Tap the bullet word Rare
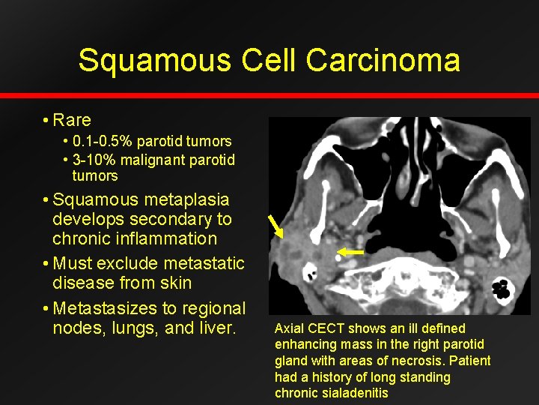72,120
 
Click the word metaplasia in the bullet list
182,200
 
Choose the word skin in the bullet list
174,283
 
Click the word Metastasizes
112,308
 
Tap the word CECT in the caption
327,328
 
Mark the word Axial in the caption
290,328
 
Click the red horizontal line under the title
269,96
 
